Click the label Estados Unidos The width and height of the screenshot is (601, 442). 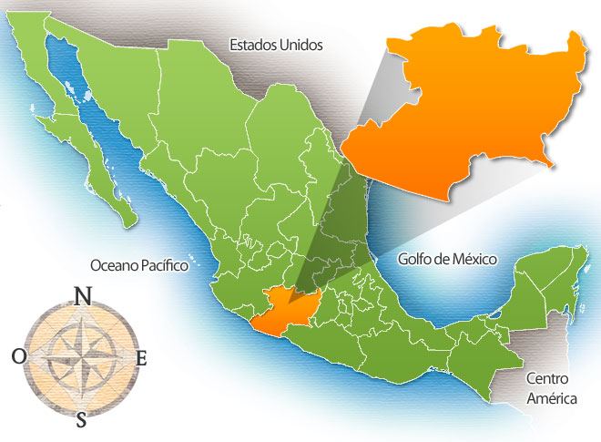[x=276, y=44]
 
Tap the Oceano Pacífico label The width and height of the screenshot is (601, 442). [x=138, y=265]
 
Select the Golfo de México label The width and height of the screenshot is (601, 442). [x=447, y=260]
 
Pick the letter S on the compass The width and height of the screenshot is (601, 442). [x=81, y=419]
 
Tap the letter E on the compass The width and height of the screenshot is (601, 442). [x=140, y=358]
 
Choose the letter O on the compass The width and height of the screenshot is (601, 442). [x=19, y=356]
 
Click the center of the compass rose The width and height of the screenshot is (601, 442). [x=80, y=356]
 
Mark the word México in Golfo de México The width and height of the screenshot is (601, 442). [x=473, y=260]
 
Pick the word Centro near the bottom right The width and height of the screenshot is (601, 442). [x=544, y=376]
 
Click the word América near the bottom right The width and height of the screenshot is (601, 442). [x=544, y=395]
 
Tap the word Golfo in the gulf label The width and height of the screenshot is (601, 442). [x=415, y=260]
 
